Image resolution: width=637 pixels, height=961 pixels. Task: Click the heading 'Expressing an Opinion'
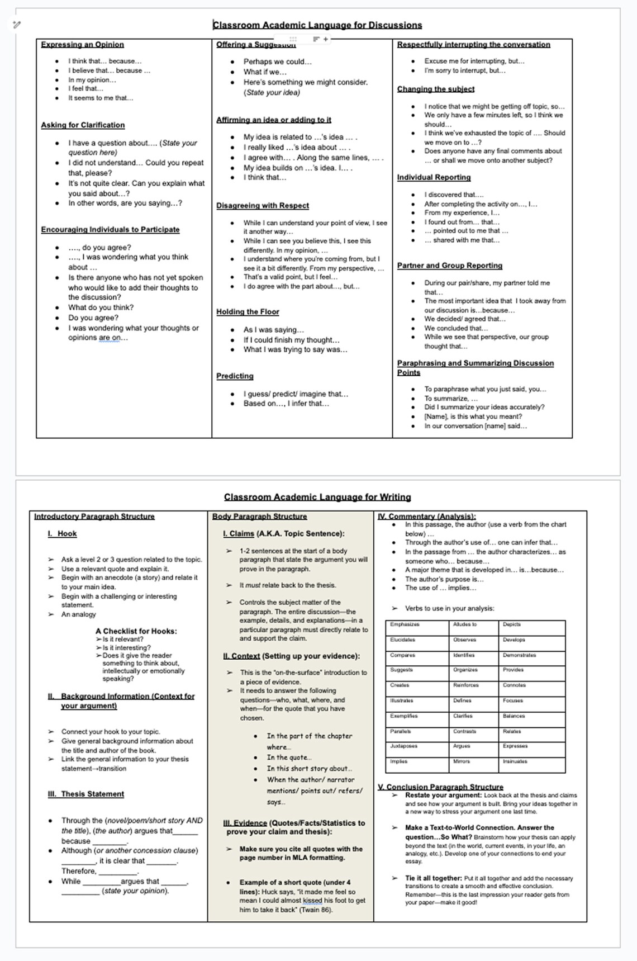(82, 45)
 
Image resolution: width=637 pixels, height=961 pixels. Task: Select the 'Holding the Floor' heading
(248, 312)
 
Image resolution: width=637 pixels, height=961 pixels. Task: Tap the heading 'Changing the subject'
(435, 89)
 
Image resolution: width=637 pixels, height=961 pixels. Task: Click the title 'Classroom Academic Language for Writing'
(317, 497)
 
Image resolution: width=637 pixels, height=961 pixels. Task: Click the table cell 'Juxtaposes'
(403, 746)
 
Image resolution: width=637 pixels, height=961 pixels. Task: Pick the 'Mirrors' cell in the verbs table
(462, 761)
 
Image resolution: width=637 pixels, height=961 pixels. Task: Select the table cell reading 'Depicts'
(511, 624)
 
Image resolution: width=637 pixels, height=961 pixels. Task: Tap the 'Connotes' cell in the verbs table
(514, 685)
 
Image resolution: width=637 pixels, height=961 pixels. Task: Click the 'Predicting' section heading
(235, 376)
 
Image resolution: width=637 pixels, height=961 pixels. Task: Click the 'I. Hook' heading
(66, 534)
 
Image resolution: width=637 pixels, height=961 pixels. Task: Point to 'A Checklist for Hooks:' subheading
(136, 631)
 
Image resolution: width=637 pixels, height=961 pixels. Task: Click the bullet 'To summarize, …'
(450, 399)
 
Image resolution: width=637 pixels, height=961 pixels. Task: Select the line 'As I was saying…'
(273, 330)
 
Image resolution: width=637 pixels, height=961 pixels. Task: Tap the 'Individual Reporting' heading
(434, 178)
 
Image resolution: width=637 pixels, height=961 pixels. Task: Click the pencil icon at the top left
(17, 25)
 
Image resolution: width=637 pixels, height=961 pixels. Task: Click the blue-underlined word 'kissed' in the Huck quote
(312, 901)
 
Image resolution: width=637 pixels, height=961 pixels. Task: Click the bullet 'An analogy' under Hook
(78, 614)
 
